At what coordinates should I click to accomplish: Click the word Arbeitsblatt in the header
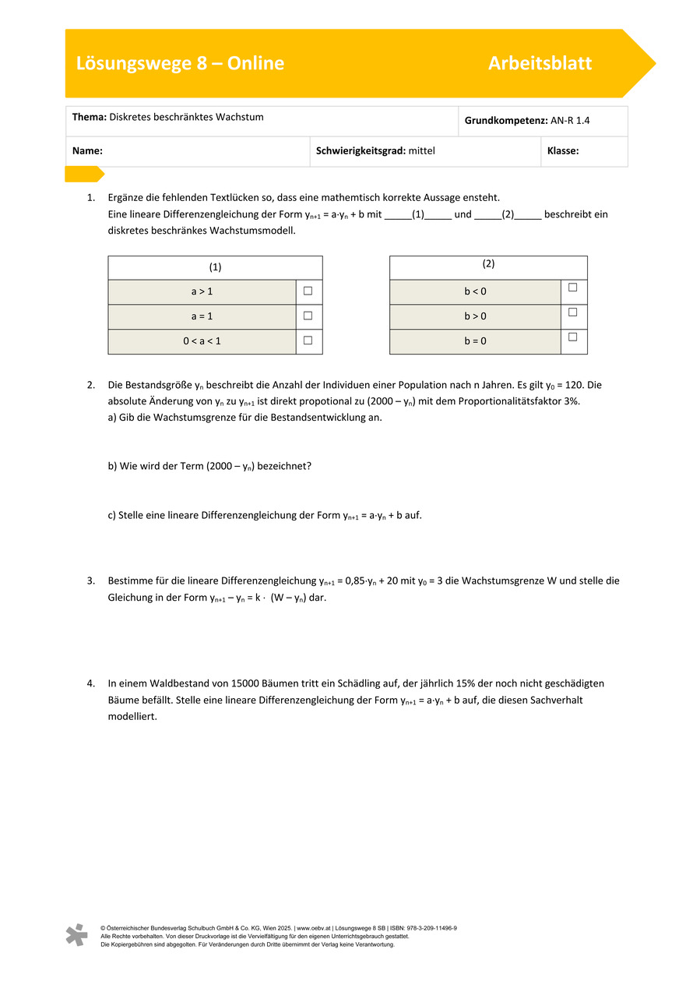[540, 64]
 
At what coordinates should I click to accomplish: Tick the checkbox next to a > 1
[308, 291]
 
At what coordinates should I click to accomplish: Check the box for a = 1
[308, 316]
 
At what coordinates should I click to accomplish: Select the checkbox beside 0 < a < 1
[308, 341]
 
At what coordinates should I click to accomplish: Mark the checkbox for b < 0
[572, 288]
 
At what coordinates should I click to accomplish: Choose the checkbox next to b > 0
[572, 312]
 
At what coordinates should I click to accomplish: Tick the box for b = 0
[572, 337]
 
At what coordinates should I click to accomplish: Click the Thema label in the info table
[89, 118]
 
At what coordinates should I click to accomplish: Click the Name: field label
[88, 151]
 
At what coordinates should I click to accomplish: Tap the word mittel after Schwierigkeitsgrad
[422, 151]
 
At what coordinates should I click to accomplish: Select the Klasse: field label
[563, 151]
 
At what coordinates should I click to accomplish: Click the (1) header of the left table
[215, 267]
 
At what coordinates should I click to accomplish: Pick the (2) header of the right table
[488, 264]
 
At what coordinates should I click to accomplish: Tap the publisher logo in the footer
[76, 935]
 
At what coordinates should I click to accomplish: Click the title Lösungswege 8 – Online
[180, 64]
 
